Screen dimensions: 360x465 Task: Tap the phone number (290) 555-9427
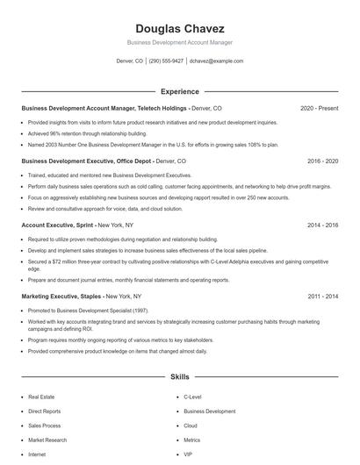coord(166,61)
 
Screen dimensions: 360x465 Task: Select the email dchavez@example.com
coord(218,61)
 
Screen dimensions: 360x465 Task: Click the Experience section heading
coord(180,91)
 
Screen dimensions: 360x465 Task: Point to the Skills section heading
coord(180,376)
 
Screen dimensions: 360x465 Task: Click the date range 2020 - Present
coord(319,108)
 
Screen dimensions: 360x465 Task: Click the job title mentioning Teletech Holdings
coord(122,108)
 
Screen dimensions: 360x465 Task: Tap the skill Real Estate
coord(41,397)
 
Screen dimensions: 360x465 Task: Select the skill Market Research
coord(47,440)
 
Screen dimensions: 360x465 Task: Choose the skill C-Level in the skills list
coord(192,397)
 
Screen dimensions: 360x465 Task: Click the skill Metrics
coord(192,440)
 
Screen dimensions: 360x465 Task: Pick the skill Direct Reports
coord(45,411)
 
